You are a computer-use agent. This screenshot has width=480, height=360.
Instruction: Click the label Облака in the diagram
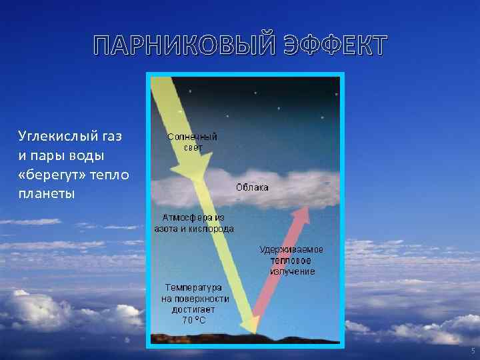click(x=252, y=187)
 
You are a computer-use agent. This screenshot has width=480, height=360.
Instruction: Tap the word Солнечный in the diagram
click(x=192, y=137)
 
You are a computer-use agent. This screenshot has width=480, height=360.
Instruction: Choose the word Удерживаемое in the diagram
click(x=291, y=249)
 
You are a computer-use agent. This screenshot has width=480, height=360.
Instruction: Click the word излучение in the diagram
click(x=292, y=271)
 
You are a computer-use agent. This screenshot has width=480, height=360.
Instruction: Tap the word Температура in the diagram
click(x=194, y=287)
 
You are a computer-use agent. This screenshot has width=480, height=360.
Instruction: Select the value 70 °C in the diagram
click(x=194, y=319)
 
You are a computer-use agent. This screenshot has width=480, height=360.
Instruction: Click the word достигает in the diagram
click(x=194, y=309)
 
